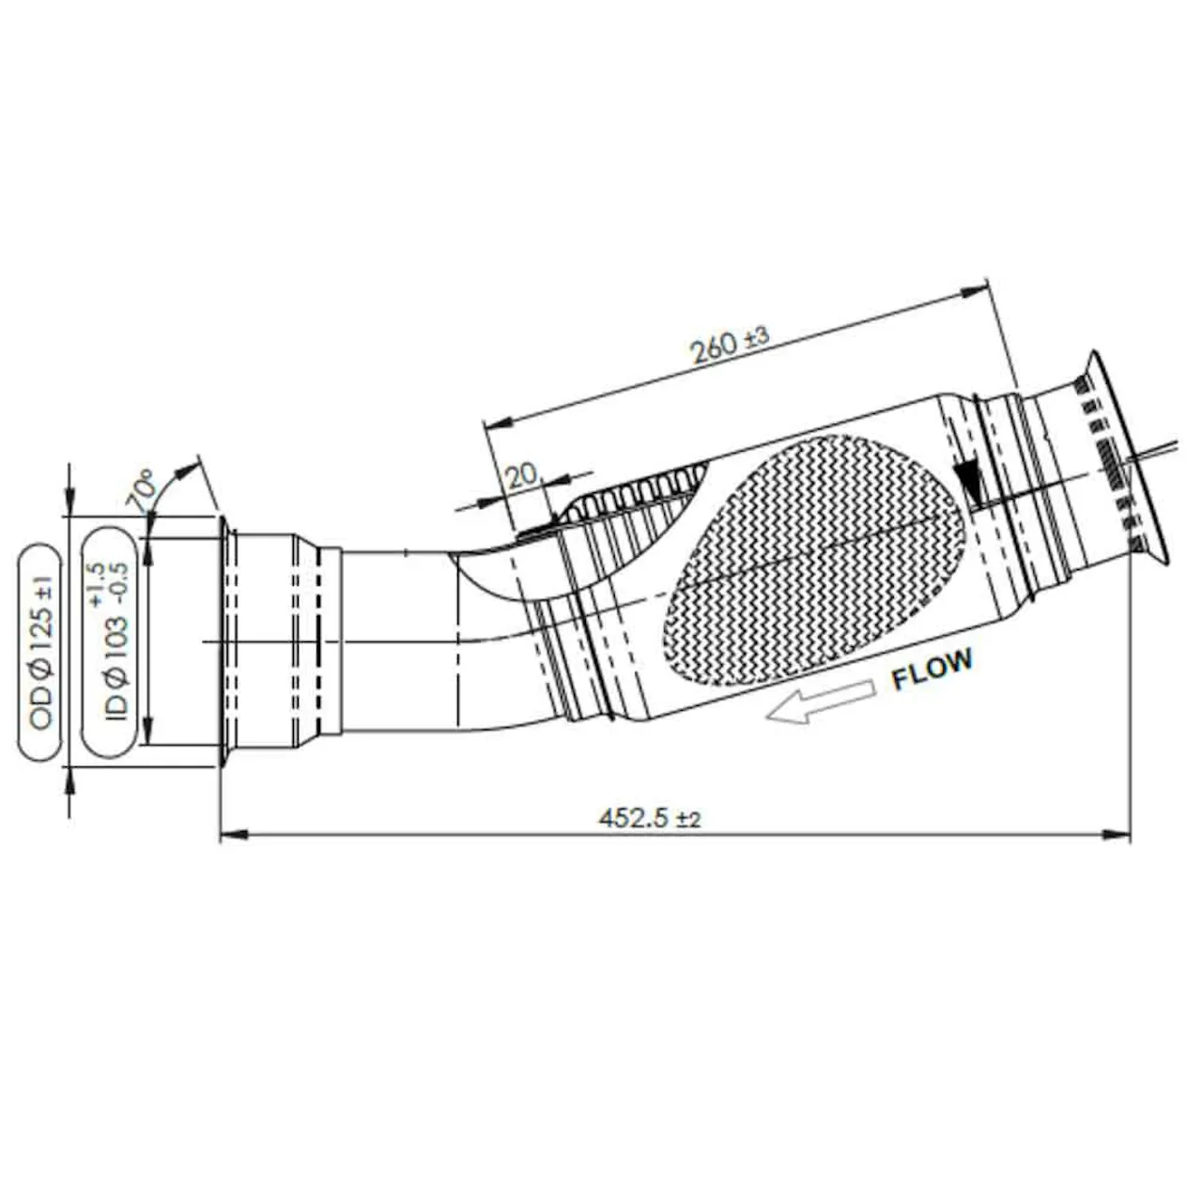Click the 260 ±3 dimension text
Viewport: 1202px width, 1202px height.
tap(731, 345)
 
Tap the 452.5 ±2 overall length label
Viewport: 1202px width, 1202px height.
tap(649, 817)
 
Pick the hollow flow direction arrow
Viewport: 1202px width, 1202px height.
tap(820, 702)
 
